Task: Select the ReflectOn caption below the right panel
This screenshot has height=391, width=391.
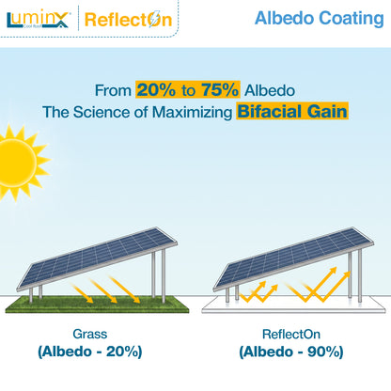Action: [x=292, y=334]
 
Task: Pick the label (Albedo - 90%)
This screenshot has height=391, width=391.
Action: [x=292, y=352]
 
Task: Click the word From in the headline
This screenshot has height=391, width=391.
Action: [x=114, y=91]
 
